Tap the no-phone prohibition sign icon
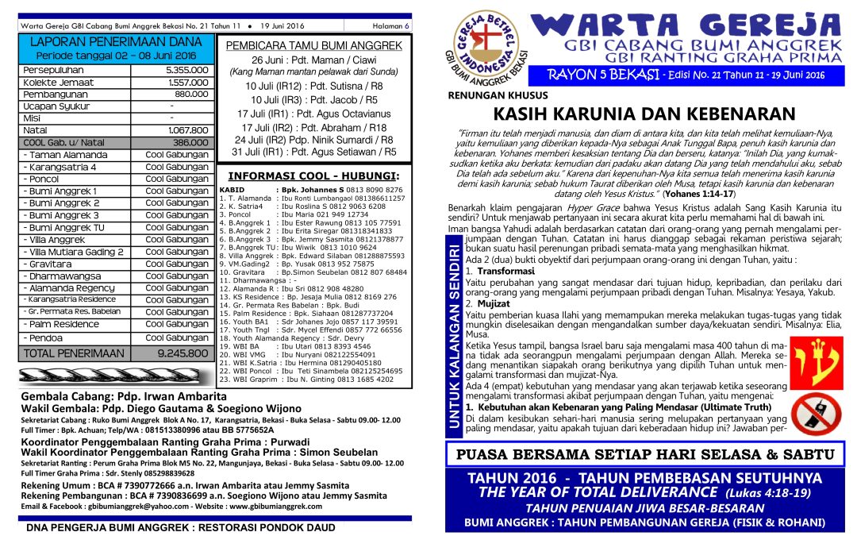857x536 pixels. point(809,413)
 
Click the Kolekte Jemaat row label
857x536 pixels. point(60,82)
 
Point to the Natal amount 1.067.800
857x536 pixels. point(188,129)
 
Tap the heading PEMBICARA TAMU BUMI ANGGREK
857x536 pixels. point(314,46)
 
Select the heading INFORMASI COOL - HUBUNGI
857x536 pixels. point(313,176)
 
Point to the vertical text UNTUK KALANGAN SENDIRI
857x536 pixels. point(454,337)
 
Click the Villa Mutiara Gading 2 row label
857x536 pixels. point(73,252)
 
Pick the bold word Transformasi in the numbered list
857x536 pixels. point(500,271)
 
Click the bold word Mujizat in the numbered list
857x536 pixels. point(494,303)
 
